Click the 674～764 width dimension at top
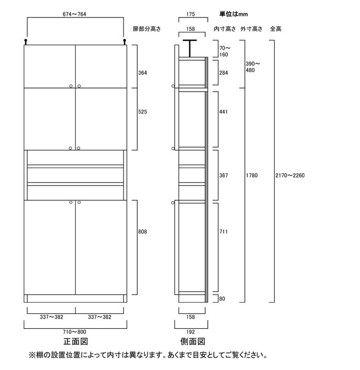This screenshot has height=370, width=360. coord(74,14)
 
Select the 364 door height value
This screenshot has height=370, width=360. coord(142,73)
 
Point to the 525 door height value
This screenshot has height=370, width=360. coord(142,112)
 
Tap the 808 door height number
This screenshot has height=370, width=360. coord(142,232)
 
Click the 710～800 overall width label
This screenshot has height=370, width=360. coord(75,332)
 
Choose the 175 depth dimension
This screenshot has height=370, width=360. coord(190,14)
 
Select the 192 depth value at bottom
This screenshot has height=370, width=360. coord(190,332)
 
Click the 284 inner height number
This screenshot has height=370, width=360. coord(224,73)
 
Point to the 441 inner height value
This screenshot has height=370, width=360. coord(224,112)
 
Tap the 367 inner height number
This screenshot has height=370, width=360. coord(224,175)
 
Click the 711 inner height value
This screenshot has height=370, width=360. coord(224,232)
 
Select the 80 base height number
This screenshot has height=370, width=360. coord(222,298)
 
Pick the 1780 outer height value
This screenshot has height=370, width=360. coord(252,175)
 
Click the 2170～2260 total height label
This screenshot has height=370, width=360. coord(290,175)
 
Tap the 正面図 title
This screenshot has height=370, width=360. coord(76,342)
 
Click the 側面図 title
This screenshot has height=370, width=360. coord(193,342)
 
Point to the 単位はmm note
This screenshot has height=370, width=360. coord(233,14)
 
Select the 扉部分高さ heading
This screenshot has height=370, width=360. coord(147,29)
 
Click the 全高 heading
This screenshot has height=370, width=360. coord(276,29)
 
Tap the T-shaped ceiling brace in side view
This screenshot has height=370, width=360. coord(190,48)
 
